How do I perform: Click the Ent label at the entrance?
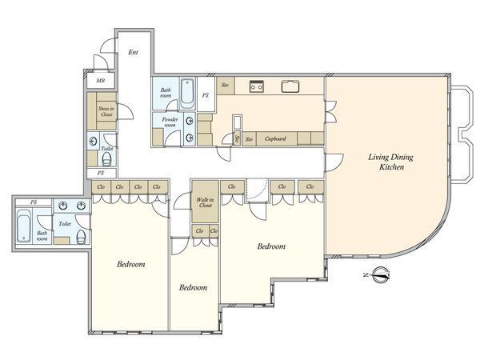(x=133, y=52)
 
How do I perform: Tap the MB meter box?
(x=101, y=81)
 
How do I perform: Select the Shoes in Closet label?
(x=106, y=111)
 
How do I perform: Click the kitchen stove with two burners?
(x=256, y=86)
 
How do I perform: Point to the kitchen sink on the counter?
(x=290, y=86)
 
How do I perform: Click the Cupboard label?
(x=275, y=138)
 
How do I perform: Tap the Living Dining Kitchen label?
(x=391, y=162)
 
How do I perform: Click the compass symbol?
(x=381, y=274)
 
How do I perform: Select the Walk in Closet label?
(x=205, y=202)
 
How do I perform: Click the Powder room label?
(x=170, y=122)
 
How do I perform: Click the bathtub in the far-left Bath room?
(x=23, y=226)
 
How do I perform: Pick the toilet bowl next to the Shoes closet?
(x=106, y=159)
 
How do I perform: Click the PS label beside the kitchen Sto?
(x=205, y=95)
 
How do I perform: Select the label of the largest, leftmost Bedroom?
(x=130, y=264)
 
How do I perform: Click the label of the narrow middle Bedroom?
(x=193, y=287)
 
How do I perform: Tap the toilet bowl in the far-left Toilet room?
(x=81, y=237)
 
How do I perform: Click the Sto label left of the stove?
(x=225, y=85)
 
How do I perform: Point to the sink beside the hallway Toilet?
(x=93, y=141)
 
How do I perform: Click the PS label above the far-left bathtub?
(x=34, y=202)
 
